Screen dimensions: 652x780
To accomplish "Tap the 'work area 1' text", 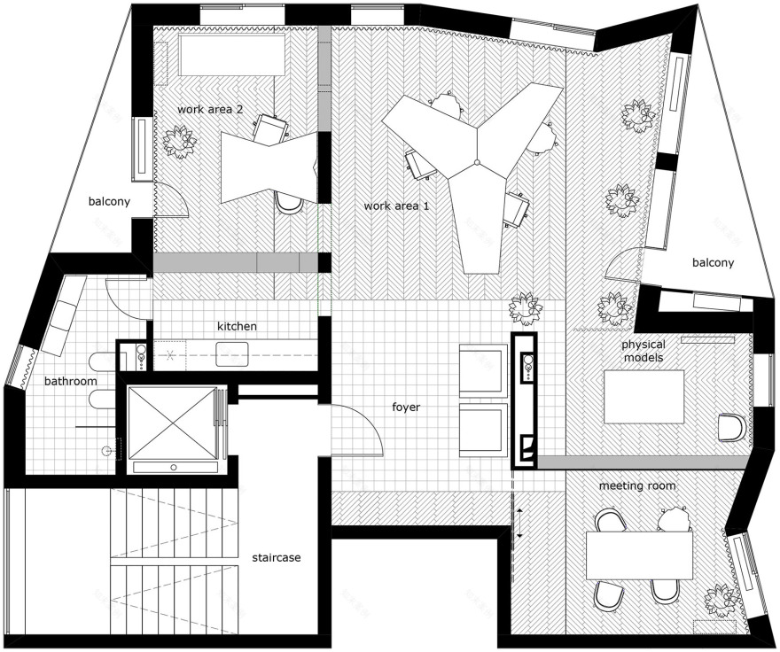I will point(397,206).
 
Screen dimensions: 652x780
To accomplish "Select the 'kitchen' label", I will point(237,326).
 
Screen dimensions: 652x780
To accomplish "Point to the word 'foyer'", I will point(406,407).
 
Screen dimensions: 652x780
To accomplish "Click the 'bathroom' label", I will point(71,381).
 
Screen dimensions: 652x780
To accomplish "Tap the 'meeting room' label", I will point(636,485).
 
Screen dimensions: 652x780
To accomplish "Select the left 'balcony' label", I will point(109,201).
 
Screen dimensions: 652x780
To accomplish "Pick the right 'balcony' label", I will point(713,262).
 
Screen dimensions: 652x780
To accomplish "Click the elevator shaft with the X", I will point(172,423).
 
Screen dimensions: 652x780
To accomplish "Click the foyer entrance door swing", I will point(359,430).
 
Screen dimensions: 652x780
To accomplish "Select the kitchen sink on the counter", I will point(233,353).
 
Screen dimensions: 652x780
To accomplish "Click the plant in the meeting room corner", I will point(717,602).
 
